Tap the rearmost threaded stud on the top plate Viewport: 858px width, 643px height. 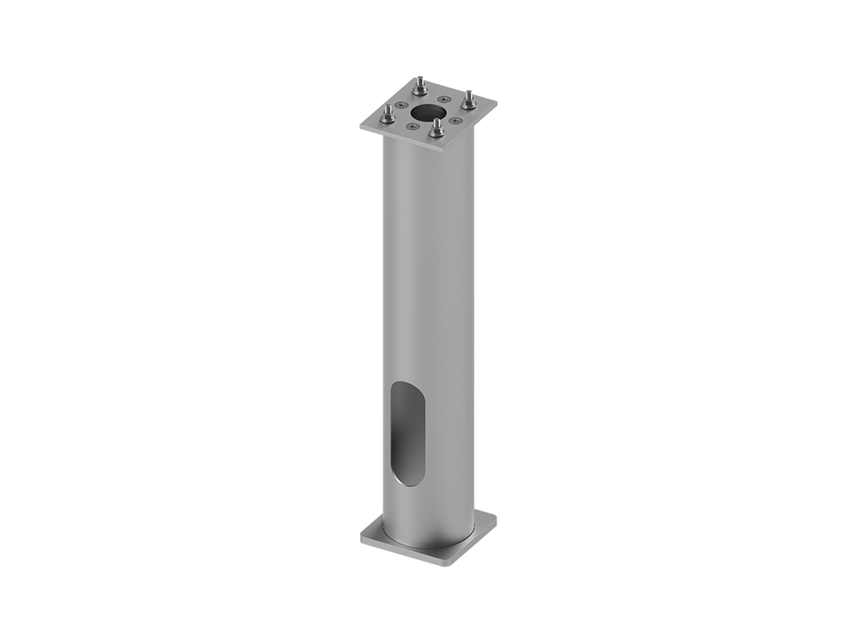point(420,85)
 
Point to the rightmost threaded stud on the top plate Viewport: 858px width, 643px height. point(468,99)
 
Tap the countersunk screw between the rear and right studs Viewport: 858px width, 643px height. point(445,99)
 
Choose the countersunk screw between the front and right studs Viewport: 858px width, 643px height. point(456,121)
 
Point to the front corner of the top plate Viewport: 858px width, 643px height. point(442,154)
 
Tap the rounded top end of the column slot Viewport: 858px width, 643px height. point(406,387)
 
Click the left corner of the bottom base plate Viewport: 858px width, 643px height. point(362,536)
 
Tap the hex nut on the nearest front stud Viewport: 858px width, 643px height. point(436,132)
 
